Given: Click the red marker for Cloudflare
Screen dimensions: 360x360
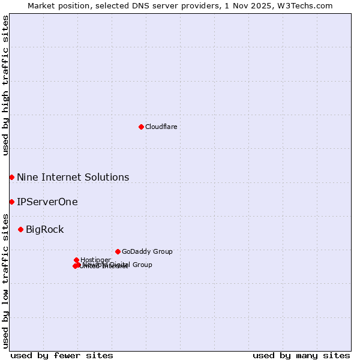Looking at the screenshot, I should coord(141,127).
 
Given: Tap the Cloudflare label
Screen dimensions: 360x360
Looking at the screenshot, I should coord(161,127).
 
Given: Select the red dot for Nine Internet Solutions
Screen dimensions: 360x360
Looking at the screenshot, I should coord(11,177).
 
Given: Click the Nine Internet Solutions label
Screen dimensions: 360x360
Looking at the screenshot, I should coord(73,177).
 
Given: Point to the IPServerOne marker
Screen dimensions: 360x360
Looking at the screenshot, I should coord(11,202).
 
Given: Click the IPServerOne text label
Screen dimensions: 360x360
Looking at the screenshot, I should coord(47,202).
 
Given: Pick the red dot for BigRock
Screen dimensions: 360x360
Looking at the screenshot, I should coord(20,229).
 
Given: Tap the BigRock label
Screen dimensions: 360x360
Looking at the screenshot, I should coord(44,229).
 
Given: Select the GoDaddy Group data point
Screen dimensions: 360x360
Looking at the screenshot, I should coord(118,251).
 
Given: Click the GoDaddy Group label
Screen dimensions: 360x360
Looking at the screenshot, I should coord(147,251).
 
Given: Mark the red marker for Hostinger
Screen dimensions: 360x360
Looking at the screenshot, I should coord(76,260).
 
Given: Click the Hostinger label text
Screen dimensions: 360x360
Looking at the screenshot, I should coord(95,260).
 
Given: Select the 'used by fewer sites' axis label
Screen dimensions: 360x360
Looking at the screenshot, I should coord(62,355).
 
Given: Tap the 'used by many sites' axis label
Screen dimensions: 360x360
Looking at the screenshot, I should coord(301,355).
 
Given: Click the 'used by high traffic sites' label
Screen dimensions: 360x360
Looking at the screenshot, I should coord(5,85).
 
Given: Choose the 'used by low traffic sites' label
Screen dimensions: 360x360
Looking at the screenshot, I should coord(5,280).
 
